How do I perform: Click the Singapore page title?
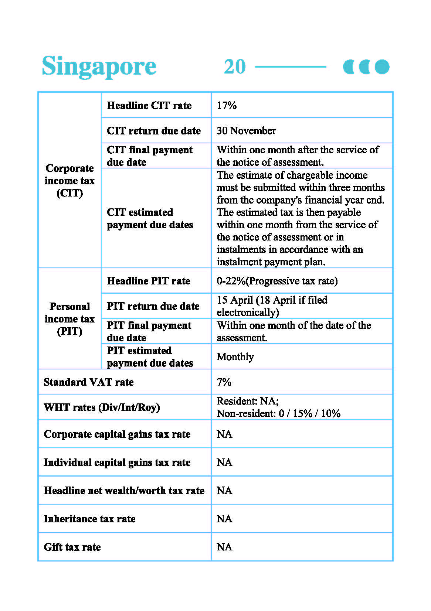(99, 66)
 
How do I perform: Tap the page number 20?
(235, 67)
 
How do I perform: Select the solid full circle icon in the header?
(382, 67)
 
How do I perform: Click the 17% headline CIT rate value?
(227, 106)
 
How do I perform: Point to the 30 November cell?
(246, 131)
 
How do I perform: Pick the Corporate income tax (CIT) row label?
(69, 181)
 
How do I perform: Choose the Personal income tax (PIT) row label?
(69, 319)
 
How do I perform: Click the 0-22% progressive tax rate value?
(277, 281)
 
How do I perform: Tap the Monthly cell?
(235, 357)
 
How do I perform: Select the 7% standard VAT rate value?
(224, 382)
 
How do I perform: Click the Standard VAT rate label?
(89, 382)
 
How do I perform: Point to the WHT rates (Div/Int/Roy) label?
(102, 407)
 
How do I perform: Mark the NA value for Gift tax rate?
(224, 547)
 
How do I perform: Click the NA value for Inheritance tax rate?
(224, 519)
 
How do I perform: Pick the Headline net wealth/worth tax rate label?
(124, 491)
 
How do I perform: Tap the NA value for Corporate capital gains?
(224, 434)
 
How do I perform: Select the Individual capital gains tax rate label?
(117, 462)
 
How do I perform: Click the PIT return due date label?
(153, 306)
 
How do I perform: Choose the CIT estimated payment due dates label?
(150, 219)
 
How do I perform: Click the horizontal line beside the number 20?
(291, 67)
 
